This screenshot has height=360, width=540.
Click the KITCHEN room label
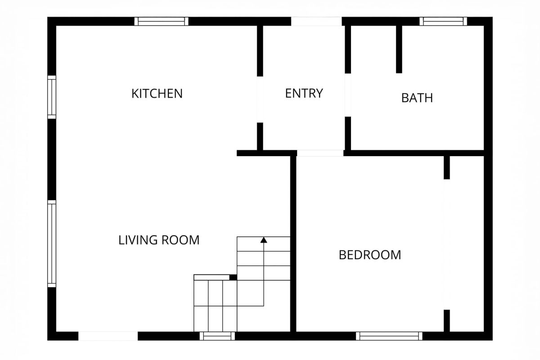click(x=157, y=94)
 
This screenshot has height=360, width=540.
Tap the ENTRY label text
click(x=304, y=93)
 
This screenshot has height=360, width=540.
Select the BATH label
click(x=417, y=98)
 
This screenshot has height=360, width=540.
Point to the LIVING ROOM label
click(x=159, y=240)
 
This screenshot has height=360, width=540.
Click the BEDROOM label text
click(x=370, y=255)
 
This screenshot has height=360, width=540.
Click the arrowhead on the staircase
click(x=264, y=240)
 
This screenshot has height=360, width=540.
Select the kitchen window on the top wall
click(x=161, y=21)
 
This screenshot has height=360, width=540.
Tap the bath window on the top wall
click(x=443, y=21)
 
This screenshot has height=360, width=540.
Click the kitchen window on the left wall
click(x=52, y=97)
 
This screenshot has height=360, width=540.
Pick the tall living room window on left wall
click(x=52, y=243)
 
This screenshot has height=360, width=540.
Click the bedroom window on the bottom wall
click(x=389, y=336)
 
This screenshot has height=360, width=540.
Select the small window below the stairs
click(x=217, y=336)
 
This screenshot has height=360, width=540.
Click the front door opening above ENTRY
click(x=316, y=21)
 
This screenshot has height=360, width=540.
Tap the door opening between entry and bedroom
click(x=320, y=153)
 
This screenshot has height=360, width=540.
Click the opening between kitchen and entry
click(x=260, y=99)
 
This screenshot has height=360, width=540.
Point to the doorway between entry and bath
click(x=348, y=95)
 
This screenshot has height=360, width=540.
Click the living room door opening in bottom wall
click(x=108, y=336)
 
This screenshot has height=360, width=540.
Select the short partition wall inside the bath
click(x=399, y=49)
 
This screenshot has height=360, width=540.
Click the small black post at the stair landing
click(x=233, y=277)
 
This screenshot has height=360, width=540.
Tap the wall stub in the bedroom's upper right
click(x=447, y=167)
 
